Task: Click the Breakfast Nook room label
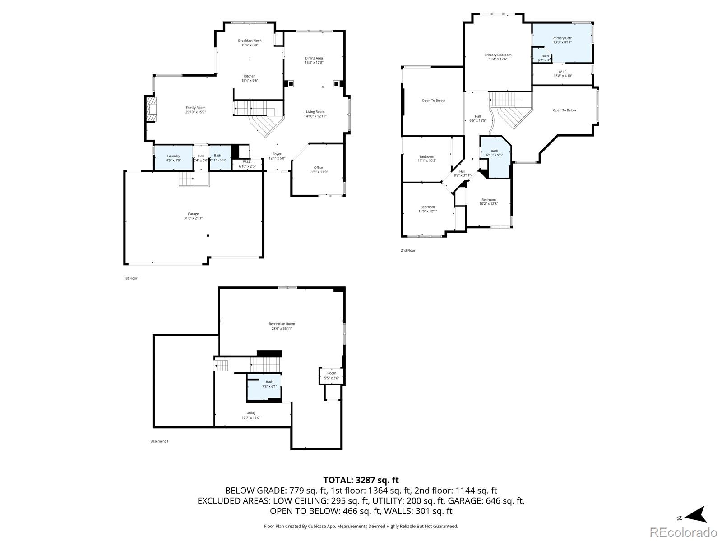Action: tap(250, 41)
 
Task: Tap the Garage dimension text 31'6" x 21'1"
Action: tap(193, 218)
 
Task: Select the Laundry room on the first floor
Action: tap(173, 158)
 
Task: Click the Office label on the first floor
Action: tap(319, 168)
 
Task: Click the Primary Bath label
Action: tap(562, 38)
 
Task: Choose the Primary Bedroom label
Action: tap(498, 55)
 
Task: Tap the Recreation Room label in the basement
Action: tap(282, 324)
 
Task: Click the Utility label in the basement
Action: tap(251, 413)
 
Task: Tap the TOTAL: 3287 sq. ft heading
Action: tap(361, 480)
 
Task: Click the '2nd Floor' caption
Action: tap(408, 250)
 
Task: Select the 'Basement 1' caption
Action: tap(159, 441)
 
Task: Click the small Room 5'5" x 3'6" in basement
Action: tap(332, 376)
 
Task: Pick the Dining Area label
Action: tap(314, 58)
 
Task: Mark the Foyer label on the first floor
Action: tap(277, 154)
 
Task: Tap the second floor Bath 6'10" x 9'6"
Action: tap(495, 153)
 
